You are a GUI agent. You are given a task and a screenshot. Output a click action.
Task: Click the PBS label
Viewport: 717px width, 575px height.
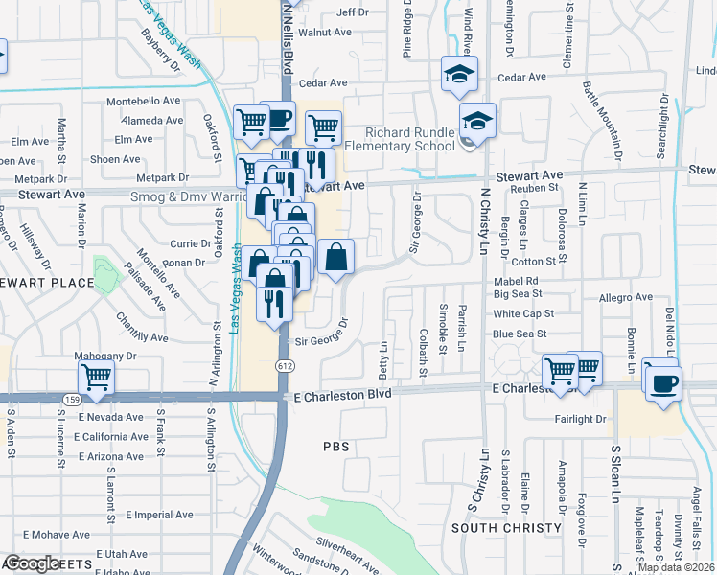(x=335, y=447)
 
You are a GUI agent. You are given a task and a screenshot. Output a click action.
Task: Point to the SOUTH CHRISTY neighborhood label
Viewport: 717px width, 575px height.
(x=505, y=528)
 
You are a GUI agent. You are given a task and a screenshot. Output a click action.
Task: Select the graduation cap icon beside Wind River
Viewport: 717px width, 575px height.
(x=459, y=73)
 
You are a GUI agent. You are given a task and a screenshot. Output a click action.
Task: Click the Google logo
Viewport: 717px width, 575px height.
(x=32, y=563)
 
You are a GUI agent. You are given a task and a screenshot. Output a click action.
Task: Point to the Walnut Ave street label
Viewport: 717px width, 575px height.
(x=325, y=32)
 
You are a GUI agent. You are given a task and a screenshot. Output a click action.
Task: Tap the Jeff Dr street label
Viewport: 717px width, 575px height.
(x=352, y=12)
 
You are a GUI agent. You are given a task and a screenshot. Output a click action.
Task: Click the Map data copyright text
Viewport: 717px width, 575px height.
(x=675, y=567)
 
